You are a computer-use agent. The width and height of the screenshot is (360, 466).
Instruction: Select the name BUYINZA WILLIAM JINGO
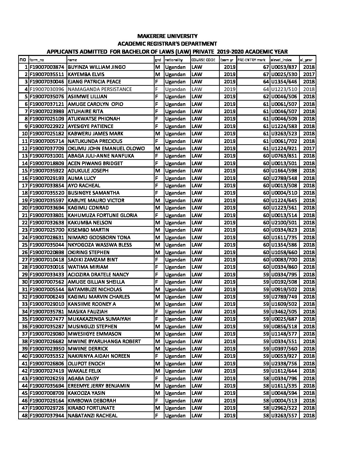97,67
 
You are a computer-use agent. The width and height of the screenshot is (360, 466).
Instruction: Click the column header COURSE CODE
203,60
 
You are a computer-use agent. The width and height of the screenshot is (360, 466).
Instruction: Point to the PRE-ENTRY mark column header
251,60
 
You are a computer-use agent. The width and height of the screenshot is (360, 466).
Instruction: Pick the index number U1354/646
284,82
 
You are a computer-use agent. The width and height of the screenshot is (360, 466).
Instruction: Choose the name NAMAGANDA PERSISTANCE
100,89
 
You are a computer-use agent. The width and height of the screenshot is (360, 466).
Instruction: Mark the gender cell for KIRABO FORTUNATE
157,408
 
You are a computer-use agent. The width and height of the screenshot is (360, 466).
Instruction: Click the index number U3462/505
284,311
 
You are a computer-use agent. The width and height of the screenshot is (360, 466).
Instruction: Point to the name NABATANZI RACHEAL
92,415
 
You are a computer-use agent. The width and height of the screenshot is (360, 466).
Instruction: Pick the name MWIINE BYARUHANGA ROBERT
104,341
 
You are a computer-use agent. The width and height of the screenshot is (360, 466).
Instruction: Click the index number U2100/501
284,222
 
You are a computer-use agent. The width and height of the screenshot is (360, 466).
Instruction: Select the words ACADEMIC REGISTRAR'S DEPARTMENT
167,43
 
